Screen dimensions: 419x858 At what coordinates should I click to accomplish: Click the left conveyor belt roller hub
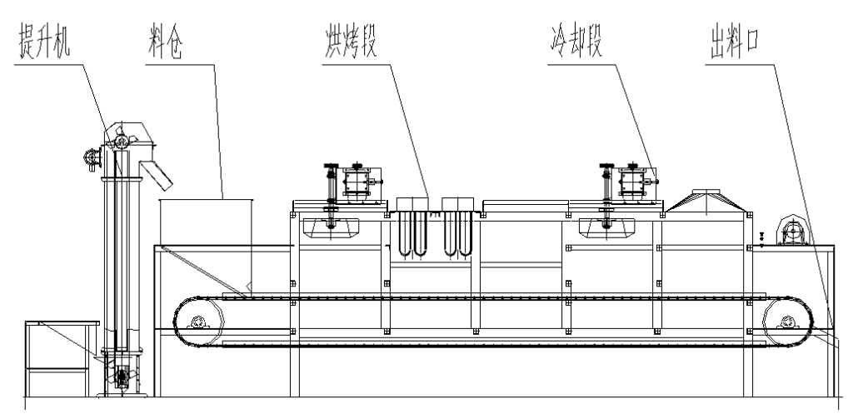[x=198, y=323]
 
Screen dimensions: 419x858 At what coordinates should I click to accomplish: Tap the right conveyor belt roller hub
[x=786, y=322]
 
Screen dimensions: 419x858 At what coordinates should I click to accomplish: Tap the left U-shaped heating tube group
[x=411, y=232]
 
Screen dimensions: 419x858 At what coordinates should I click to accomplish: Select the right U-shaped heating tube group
[x=455, y=232]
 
